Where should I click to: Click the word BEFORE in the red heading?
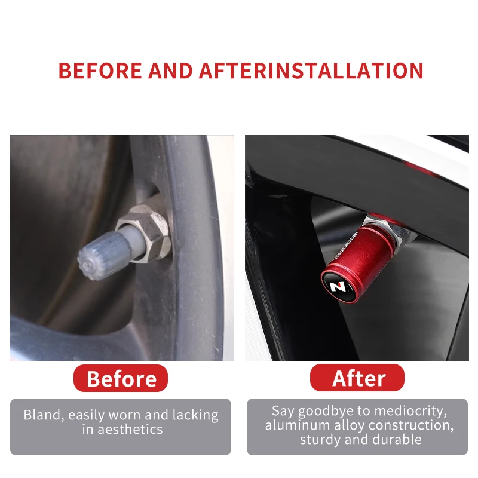[x=100, y=71]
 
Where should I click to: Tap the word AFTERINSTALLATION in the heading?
[x=311, y=71]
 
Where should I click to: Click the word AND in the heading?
[x=170, y=71]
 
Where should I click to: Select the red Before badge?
[x=121, y=378]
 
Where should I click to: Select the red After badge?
[x=357, y=378]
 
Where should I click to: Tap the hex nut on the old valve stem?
[x=146, y=232]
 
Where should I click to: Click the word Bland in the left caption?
[x=44, y=415]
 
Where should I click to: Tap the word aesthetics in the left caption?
[x=130, y=430]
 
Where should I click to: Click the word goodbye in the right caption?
[x=324, y=411]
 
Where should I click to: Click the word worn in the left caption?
[x=125, y=415]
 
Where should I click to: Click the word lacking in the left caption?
[x=195, y=416]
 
